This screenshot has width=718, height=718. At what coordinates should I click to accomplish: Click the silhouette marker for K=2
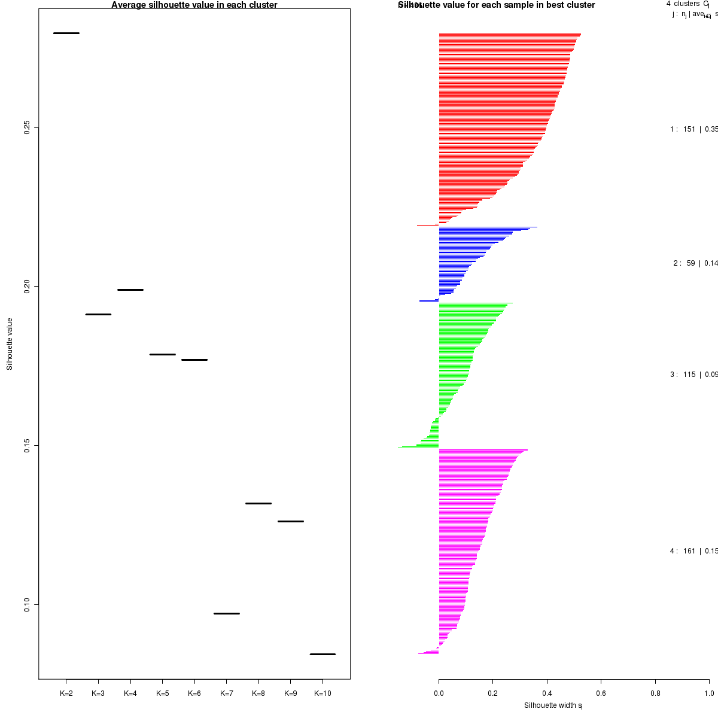pos(66,33)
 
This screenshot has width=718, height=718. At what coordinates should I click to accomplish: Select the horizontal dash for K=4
pos(130,290)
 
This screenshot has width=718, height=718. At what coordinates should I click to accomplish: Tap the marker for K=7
pos(226,613)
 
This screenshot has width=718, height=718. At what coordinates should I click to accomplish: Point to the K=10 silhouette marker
pos(323,654)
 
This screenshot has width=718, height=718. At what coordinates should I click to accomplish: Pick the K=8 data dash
pos(258,503)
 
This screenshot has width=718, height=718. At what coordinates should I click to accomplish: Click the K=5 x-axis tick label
pos(162,693)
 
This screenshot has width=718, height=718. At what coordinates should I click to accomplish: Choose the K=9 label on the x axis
pos(290,693)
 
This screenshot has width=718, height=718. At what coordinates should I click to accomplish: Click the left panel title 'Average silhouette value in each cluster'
pos(194,5)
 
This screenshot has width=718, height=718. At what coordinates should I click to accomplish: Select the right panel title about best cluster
pos(497,5)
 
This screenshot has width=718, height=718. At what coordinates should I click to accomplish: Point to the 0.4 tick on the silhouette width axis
pos(547,693)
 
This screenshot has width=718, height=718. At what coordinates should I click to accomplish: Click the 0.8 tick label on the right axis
pos(655,693)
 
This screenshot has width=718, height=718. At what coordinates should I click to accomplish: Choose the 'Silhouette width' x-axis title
pos(553,705)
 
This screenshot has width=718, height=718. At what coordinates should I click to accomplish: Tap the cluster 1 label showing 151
pos(693,129)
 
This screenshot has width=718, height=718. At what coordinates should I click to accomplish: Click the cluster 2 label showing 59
pos(694,263)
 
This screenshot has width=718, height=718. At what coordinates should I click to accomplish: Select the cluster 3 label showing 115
pos(693,375)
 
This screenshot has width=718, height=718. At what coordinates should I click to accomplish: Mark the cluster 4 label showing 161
pos(693,551)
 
